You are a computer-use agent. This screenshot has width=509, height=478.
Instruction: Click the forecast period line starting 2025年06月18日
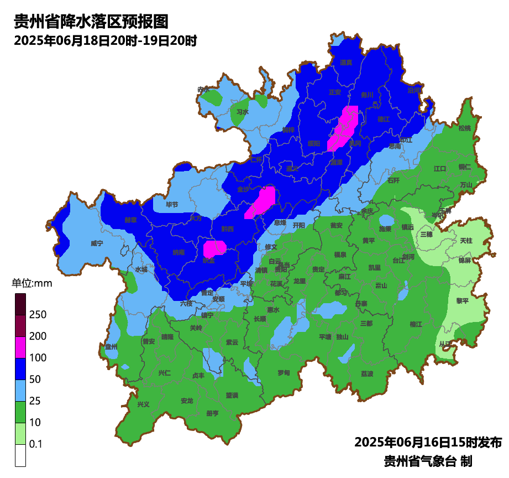coord(105,41)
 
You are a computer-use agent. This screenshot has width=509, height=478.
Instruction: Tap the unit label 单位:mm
coord(32,283)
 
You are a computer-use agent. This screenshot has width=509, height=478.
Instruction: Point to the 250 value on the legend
coord(38,315)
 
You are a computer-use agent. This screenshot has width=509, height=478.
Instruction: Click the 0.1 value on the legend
coord(36,444)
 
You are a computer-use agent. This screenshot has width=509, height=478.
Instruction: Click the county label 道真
coord(346,63)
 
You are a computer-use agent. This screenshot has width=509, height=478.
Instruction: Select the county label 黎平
coord(462,300)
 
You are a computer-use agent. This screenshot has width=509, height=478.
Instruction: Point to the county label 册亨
coord(212,413)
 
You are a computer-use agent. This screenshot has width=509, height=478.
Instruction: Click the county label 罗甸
coord(284,372)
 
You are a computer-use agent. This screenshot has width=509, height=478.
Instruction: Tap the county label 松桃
coord(464,128)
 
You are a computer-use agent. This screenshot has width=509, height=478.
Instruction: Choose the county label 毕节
coord(172,205)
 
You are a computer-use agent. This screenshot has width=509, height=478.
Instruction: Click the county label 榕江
coord(416,324)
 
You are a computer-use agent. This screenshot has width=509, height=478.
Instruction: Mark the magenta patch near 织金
coord(214,247)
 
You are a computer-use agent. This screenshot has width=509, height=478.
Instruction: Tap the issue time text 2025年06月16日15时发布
coord(428,443)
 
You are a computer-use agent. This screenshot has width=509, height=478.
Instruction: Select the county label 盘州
coord(111,346)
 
